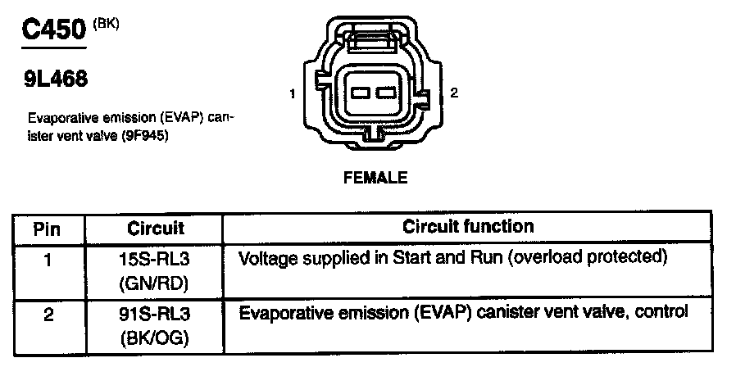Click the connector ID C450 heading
pos(53,31)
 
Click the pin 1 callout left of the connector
pos(293,95)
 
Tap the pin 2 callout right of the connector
pos(454,93)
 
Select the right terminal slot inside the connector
pos(385,93)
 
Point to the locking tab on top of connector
pos(373,37)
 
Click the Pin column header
pos(48,228)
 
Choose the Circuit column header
pos(156,228)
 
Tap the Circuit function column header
pos(468,226)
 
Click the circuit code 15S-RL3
pos(156,259)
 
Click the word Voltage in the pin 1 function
pos(264,258)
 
